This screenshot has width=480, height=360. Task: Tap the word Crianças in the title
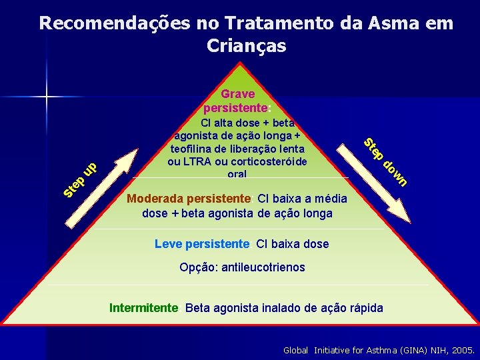[x=247, y=46]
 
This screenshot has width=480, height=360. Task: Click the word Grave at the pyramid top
[x=238, y=94]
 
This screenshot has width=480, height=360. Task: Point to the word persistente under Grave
[x=235, y=107]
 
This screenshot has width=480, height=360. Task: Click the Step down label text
[x=385, y=162]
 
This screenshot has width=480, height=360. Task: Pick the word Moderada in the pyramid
[x=157, y=199]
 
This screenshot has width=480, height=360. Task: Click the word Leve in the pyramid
[x=167, y=244]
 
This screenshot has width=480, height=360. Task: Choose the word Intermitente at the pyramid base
[x=143, y=308]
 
